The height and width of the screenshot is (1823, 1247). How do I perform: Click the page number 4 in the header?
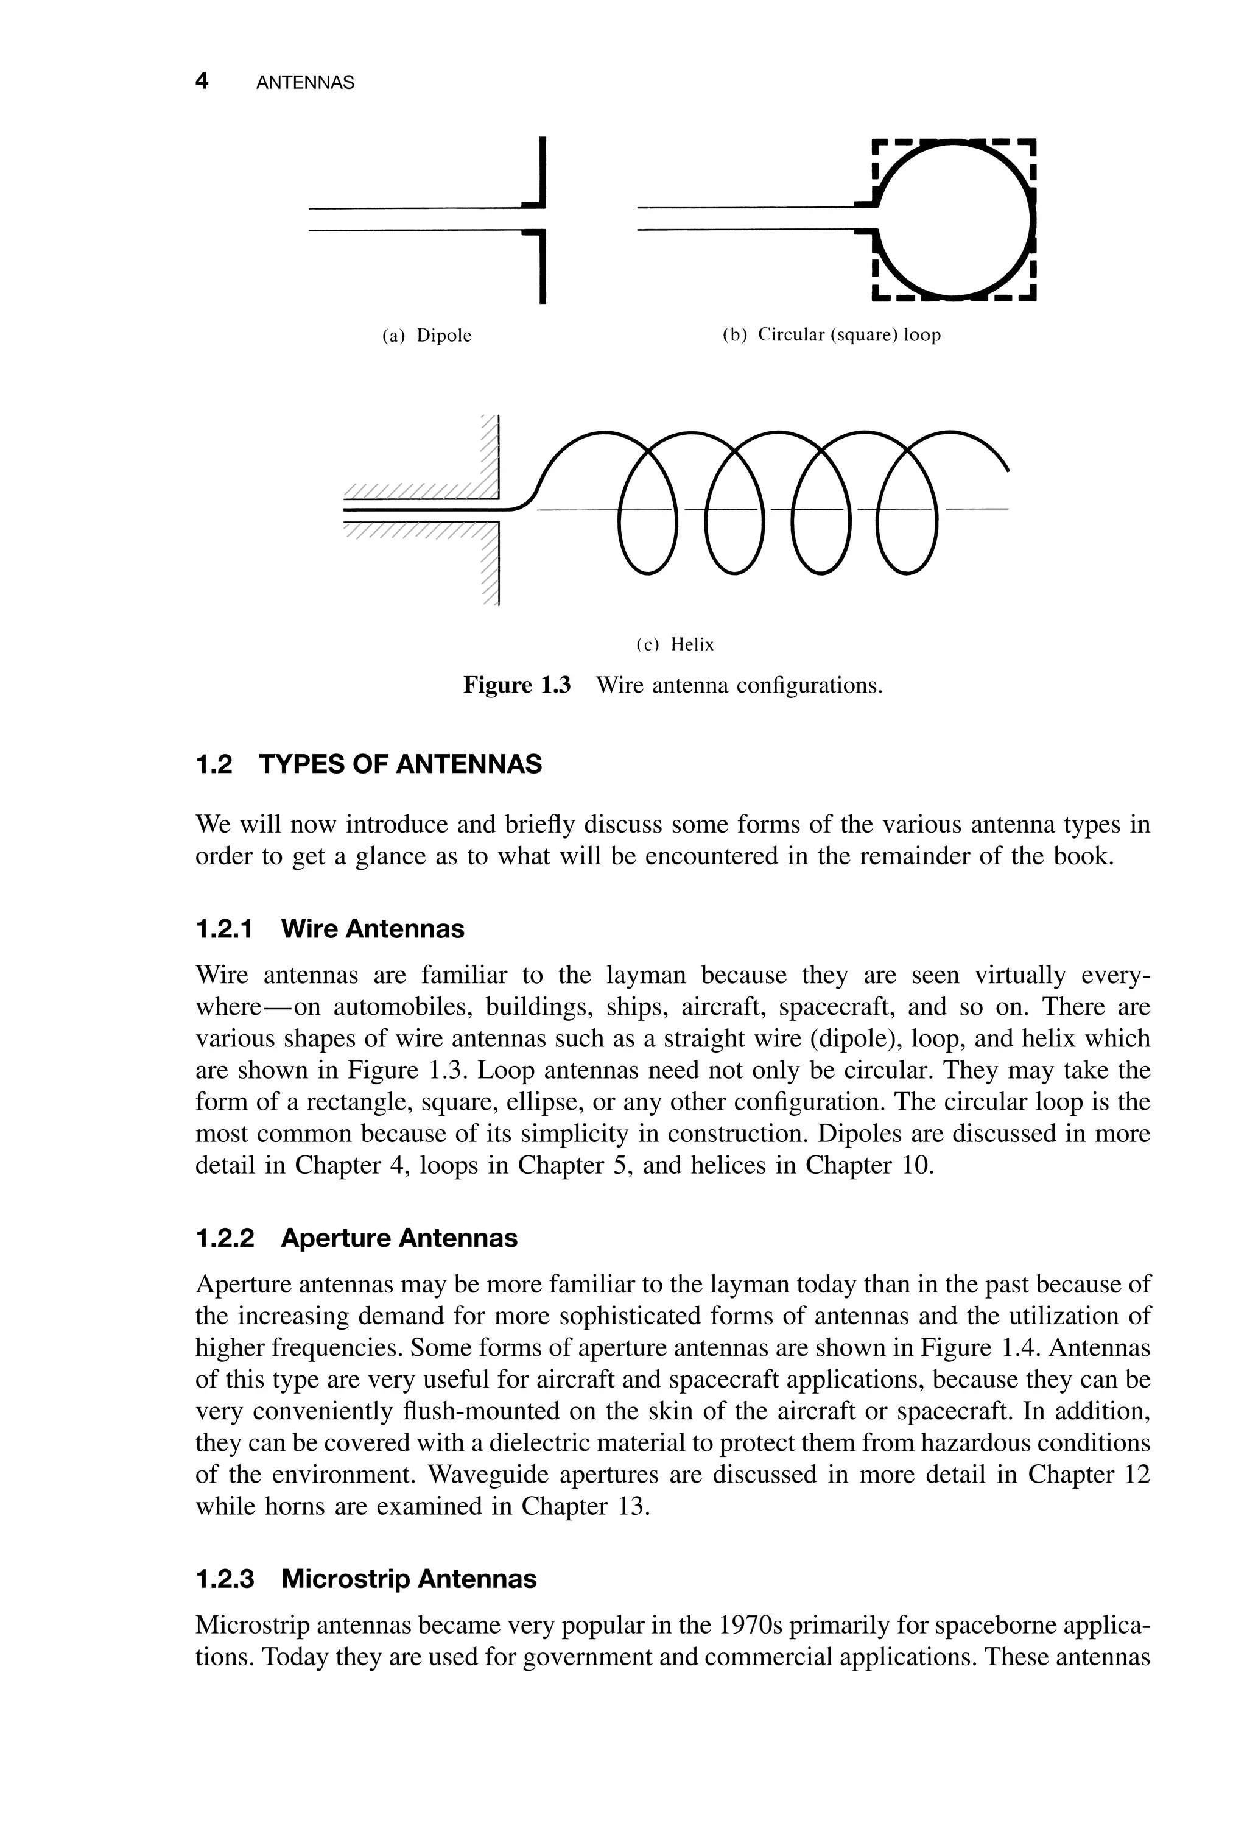202,81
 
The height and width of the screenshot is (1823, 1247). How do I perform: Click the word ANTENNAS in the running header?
305,82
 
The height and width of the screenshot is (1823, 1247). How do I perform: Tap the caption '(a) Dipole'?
427,336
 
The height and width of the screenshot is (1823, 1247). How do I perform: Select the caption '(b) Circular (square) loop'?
831,335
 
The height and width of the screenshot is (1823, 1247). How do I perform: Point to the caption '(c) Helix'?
675,645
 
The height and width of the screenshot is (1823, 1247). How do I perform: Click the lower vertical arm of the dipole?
543,267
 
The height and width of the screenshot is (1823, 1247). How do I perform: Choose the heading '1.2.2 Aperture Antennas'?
356,1238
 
